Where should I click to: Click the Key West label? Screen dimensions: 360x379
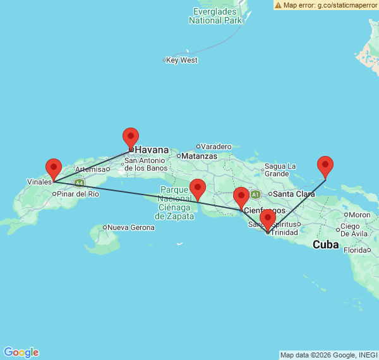[183, 61]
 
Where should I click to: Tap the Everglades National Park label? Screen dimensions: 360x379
[215, 16]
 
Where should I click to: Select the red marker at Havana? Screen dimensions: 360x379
[131, 138]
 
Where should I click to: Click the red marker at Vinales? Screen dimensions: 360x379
[54, 169]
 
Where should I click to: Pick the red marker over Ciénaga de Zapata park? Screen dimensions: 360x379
[198, 189]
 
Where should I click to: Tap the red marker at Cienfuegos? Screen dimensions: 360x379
[241, 197]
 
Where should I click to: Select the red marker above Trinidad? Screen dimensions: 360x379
[268, 219]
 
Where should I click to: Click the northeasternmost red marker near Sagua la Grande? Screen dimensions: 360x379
[325, 166]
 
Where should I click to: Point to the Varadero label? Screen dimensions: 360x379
[217, 147]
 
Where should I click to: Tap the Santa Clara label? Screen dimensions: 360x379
[294, 195]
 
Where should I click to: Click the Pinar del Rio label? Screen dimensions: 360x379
[78, 194]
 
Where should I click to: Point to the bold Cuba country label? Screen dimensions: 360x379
[327, 244]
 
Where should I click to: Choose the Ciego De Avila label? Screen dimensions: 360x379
[354, 230]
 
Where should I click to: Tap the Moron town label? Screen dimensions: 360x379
[360, 215]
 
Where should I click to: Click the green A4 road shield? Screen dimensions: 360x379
[79, 183]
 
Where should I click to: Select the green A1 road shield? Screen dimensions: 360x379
[255, 194]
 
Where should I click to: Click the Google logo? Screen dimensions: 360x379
[21, 352]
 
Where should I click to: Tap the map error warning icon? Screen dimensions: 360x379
[279, 5]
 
